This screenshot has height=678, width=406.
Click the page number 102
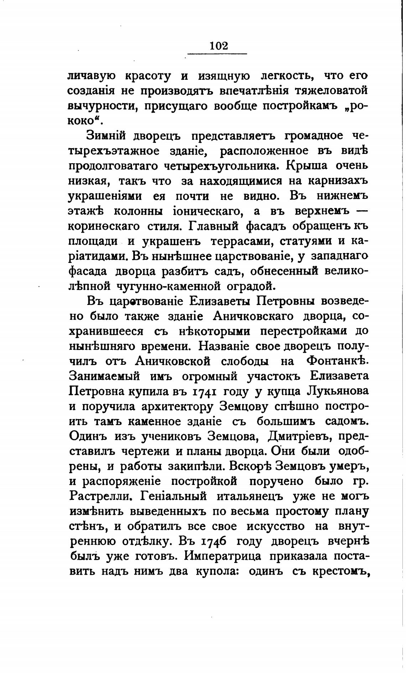[218, 46]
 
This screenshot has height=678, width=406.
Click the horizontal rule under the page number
[217, 54]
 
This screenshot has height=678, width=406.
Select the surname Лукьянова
[337, 391]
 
